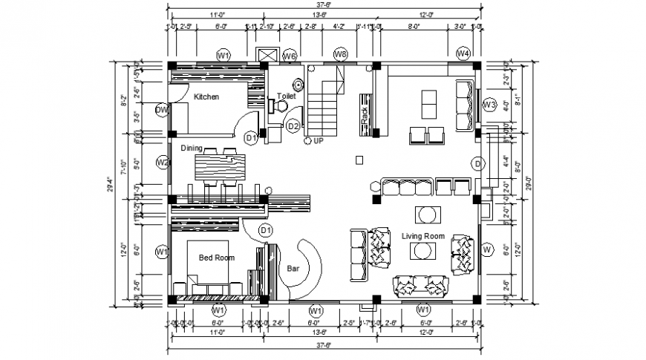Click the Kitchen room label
(206, 97)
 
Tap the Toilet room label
(286, 96)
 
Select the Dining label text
(191, 148)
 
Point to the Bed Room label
(216, 258)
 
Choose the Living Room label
(422, 236)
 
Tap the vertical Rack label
(365, 115)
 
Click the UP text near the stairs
(319, 140)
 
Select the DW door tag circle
(162, 111)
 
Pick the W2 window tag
(163, 163)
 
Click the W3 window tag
(489, 105)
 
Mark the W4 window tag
(463, 54)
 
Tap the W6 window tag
(290, 56)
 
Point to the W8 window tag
(340, 54)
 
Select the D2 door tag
(293, 126)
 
